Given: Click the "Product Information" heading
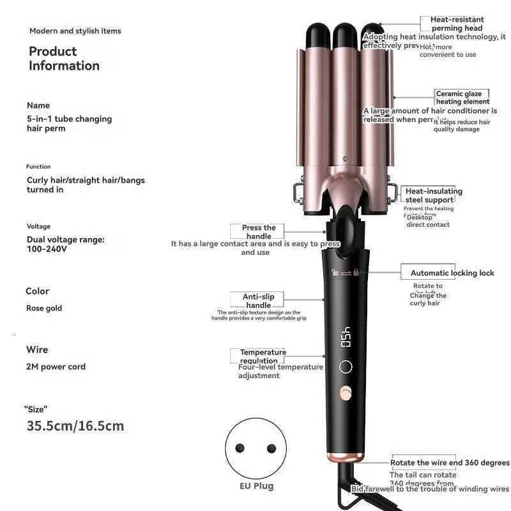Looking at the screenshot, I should coord(64,58).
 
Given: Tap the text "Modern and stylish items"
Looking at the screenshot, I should coord(75,31).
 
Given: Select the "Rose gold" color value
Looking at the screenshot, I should coord(44,308).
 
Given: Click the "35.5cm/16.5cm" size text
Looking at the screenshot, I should coord(75,425).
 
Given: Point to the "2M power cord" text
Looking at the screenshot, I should coord(56,367).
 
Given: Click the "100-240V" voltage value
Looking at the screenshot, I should coord(47,249).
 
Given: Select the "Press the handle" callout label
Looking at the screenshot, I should coord(259,232).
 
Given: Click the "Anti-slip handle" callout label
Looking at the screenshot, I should coord(258,301).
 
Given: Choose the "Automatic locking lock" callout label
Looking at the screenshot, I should coord(452,273).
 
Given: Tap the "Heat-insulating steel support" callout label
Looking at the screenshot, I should coord(434,195).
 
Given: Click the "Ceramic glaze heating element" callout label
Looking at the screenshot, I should coord(462,98).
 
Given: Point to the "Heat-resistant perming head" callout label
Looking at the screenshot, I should coord(457,24).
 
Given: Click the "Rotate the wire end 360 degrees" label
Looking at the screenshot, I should coord(450,462).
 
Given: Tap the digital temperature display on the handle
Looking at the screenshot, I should coord(346,337).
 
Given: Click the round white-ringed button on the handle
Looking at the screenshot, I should coord(346,367).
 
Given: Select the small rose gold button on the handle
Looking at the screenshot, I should coord(346,391).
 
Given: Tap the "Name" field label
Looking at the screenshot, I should coord(38,105).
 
